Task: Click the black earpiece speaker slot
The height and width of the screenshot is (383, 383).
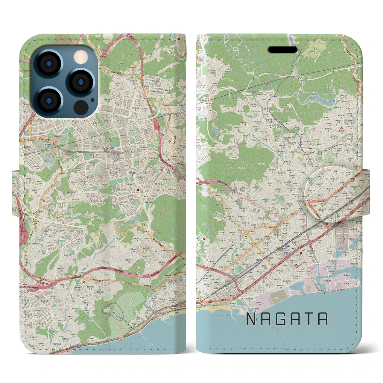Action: coord(283,49)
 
